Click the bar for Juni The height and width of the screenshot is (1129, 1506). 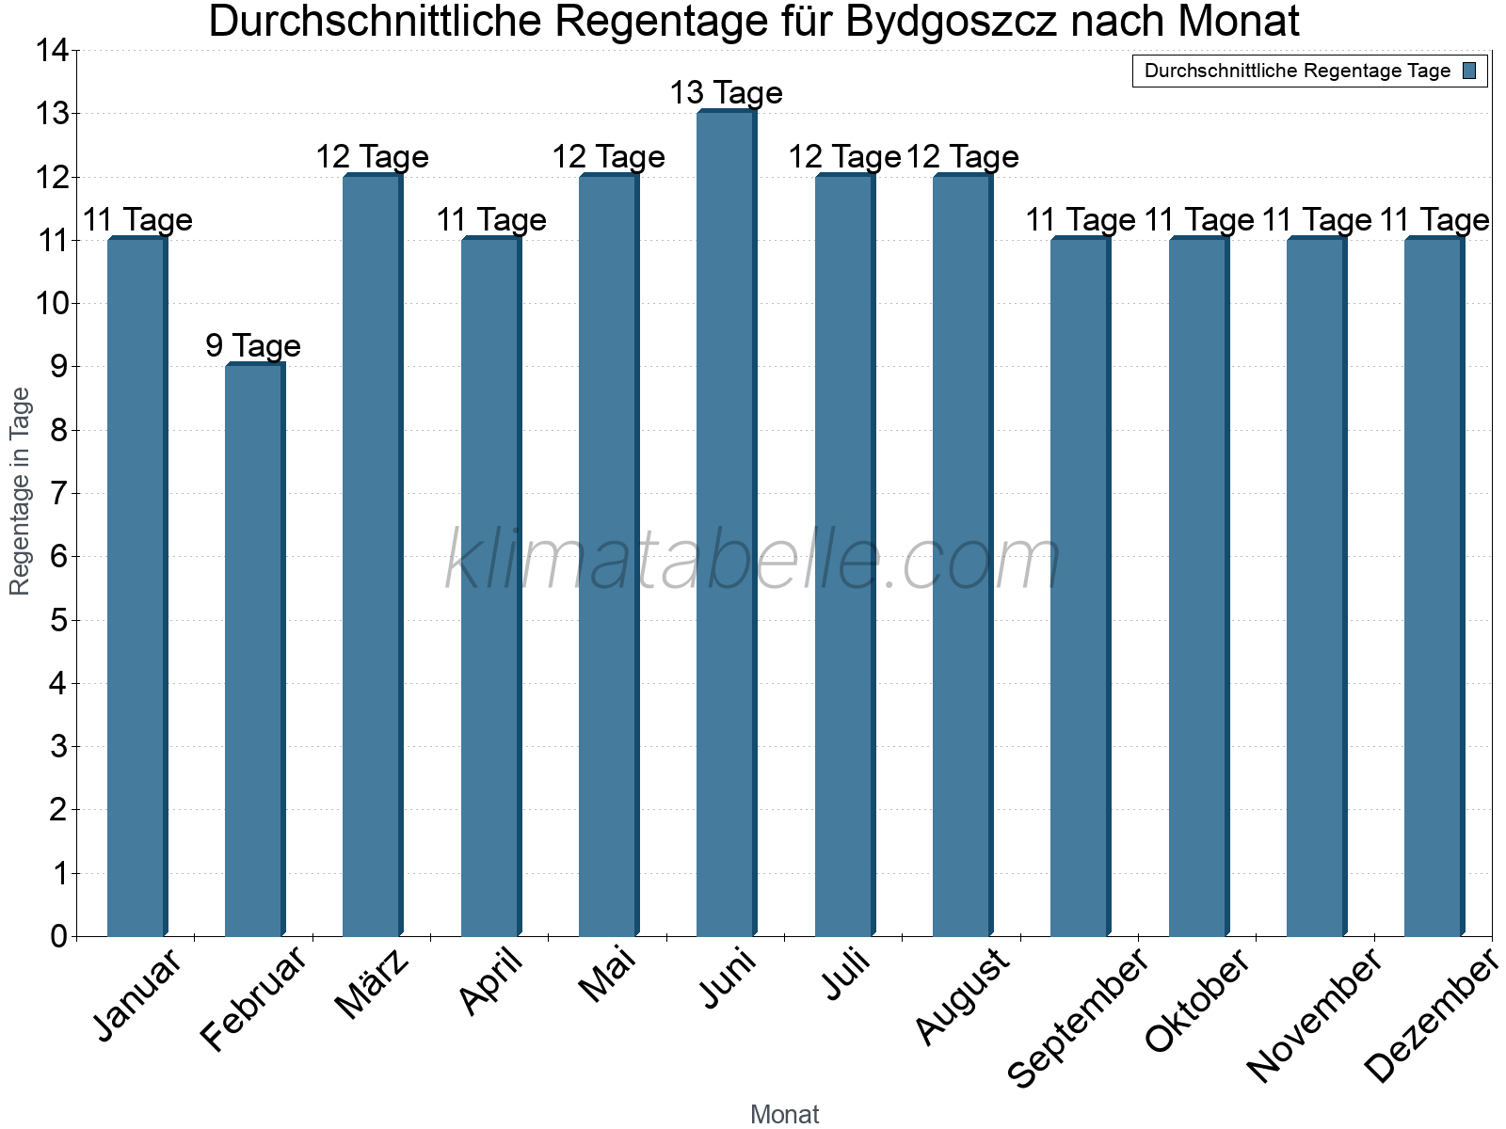pyautogui.click(x=726, y=523)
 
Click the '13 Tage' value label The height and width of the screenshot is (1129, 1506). pyautogui.click(x=726, y=93)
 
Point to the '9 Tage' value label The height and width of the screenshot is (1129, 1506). pyautogui.click(x=253, y=345)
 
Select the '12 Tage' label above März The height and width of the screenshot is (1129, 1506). pyautogui.click(x=372, y=156)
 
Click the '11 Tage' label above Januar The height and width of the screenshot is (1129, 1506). pyautogui.click(x=137, y=220)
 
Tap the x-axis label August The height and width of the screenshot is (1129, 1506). pyautogui.click(x=962, y=995)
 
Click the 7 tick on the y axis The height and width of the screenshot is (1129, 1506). pyautogui.click(x=58, y=493)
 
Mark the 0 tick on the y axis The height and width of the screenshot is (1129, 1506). pyautogui.click(x=58, y=936)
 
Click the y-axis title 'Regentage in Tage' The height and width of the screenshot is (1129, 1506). pyautogui.click(x=21, y=491)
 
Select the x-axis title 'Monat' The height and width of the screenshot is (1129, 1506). pyautogui.click(x=784, y=1114)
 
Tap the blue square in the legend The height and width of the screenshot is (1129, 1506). pyautogui.click(x=1469, y=71)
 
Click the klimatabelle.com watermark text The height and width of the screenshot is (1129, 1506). pyautogui.click(x=753, y=561)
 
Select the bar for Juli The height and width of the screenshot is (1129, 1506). pyautogui.click(x=844, y=555)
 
